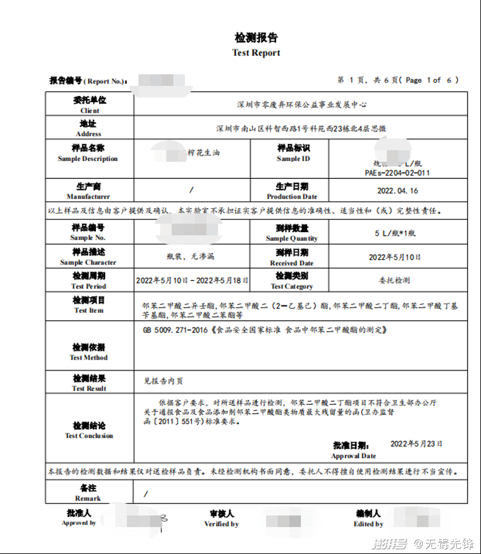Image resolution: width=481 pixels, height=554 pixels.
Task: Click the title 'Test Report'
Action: (x=256, y=53)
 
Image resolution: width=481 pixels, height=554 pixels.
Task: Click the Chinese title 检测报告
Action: (x=256, y=38)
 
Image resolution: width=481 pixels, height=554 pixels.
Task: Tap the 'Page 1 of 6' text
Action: (x=433, y=80)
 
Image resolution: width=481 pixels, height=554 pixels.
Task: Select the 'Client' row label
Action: (x=89, y=110)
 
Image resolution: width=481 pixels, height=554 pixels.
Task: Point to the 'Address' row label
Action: (x=89, y=134)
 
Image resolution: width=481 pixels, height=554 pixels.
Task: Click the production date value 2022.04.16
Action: (x=397, y=191)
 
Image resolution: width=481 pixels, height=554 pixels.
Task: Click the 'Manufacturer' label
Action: (x=89, y=197)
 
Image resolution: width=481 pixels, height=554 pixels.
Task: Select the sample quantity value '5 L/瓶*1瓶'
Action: (x=397, y=233)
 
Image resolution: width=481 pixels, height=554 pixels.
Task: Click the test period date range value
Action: (x=192, y=280)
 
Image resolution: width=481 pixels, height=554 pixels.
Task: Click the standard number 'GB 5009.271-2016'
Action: (x=175, y=331)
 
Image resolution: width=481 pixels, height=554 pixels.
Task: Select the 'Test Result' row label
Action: (x=89, y=388)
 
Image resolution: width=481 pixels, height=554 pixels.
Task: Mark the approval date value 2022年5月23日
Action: (x=417, y=444)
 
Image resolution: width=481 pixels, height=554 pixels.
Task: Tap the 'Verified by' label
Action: (x=222, y=524)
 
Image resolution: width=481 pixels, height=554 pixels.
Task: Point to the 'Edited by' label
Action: (x=368, y=524)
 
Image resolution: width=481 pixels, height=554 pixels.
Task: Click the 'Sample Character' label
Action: (x=88, y=262)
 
